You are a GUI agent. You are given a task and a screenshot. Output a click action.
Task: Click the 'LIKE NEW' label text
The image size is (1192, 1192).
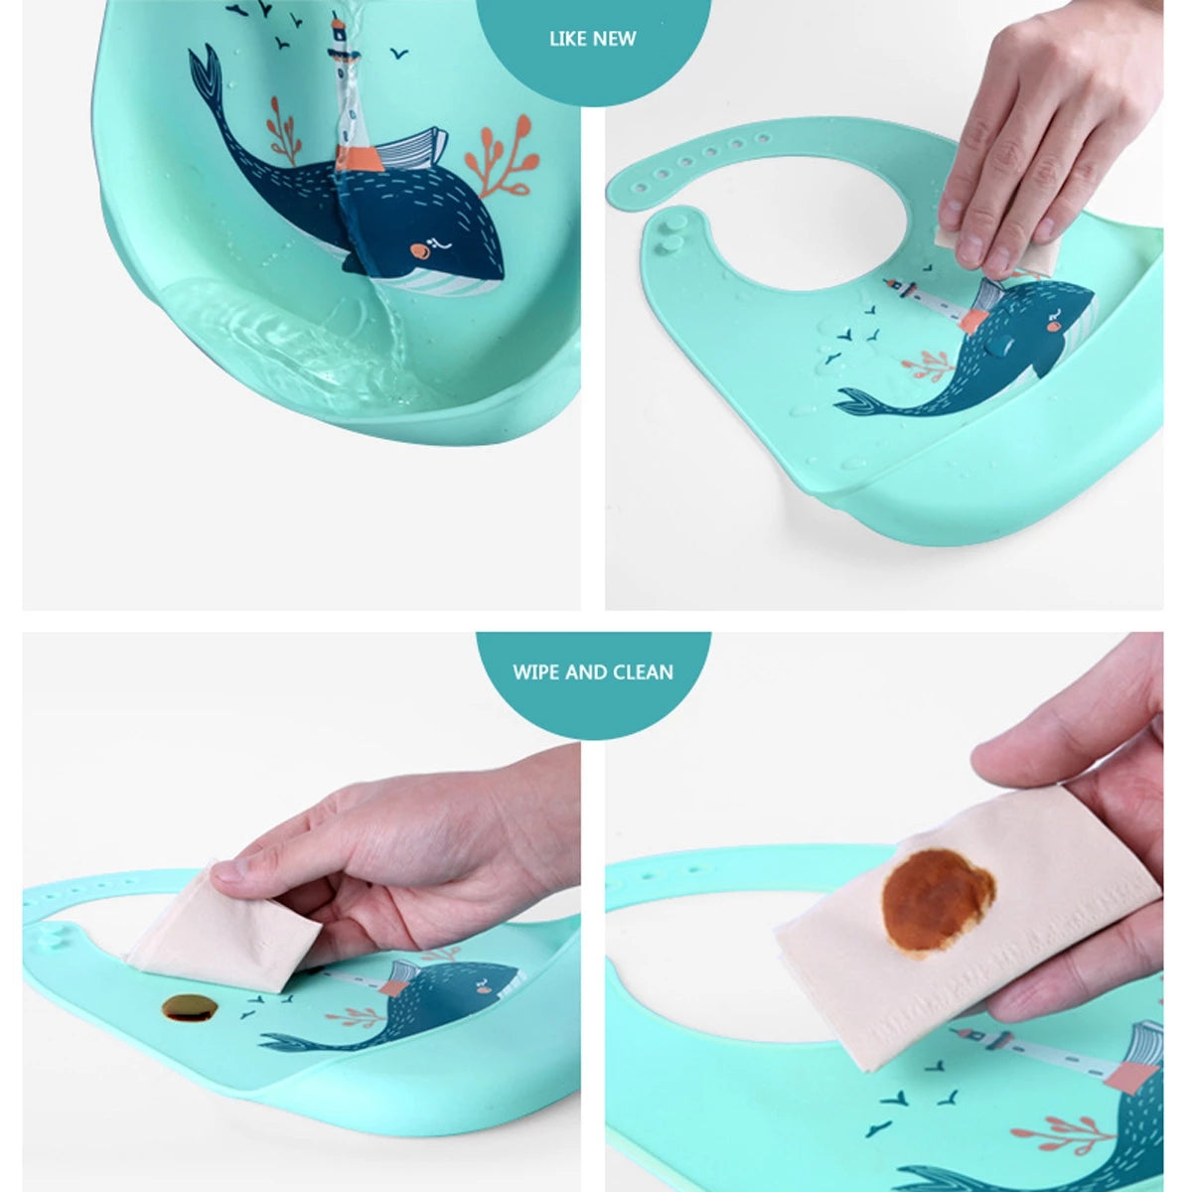pyautogui.click(x=593, y=39)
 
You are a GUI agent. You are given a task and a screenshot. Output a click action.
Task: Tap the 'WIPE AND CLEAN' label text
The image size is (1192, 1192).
pyautogui.click(x=593, y=671)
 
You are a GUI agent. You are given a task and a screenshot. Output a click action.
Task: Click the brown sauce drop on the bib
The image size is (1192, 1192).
pyautogui.click(x=190, y=1008)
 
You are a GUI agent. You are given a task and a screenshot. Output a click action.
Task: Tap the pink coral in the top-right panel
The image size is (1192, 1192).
pyautogui.click(x=929, y=365)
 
